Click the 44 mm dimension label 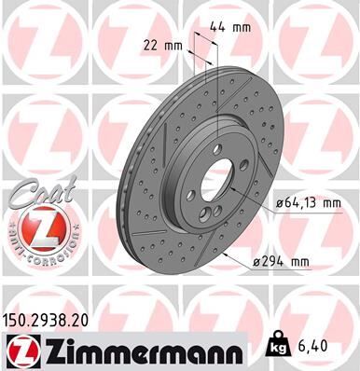point(229,27)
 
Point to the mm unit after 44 point(241,27)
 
